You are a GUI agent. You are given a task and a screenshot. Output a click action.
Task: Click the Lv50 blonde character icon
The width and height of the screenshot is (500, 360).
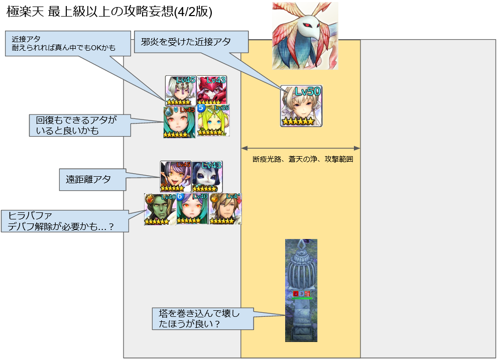(301, 106)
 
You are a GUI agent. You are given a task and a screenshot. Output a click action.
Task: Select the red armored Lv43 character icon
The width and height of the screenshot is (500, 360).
(211, 90)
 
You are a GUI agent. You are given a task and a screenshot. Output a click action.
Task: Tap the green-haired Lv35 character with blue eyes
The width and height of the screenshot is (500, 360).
(213, 121)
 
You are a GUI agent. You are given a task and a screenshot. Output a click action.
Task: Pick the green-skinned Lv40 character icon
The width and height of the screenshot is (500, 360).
(160, 209)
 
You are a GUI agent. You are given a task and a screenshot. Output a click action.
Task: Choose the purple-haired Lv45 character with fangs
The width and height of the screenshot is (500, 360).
(175, 176)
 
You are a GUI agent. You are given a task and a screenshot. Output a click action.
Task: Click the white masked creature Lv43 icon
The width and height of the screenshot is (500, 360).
(207, 176)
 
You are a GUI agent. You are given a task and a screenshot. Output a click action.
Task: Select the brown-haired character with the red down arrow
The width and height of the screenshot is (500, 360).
(225, 209)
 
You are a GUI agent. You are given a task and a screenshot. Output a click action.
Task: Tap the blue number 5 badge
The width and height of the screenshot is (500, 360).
(201, 107)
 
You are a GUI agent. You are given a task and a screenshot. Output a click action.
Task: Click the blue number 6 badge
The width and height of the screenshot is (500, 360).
(179, 196)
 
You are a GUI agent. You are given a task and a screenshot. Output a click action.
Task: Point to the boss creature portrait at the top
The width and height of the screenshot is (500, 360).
(305, 35)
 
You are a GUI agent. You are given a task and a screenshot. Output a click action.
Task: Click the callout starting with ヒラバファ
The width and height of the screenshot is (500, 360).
(64, 221)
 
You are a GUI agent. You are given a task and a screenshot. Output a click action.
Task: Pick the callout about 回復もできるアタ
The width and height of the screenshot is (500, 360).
(80, 126)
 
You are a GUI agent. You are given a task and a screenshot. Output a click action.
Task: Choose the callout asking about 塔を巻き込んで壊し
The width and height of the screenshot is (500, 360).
(202, 319)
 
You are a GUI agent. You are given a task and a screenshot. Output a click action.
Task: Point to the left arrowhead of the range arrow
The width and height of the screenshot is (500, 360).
(244, 148)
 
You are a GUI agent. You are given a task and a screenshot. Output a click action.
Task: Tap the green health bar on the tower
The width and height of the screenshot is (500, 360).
(302, 298)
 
